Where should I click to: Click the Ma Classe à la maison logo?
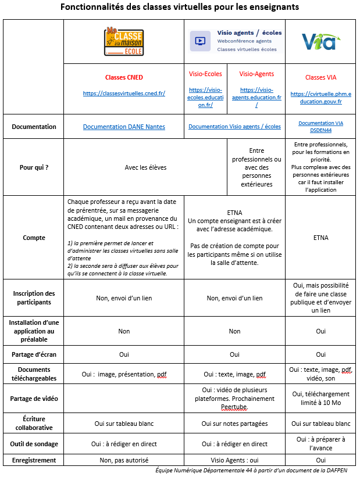coord(123,41)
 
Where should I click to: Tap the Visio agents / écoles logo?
coord(235,41)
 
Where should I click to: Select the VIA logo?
coord(319,41)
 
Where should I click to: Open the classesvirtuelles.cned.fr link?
coord(124,93)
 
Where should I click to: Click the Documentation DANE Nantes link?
coord(124,127)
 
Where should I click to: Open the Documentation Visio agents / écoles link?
coord(234,126)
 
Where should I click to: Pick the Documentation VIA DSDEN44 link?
coord(320,126)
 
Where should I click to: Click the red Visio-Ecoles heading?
coord(205,74)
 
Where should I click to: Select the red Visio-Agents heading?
coord(256,74)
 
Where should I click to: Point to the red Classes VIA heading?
coord(320,77)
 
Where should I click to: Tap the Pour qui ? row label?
coord(34,167)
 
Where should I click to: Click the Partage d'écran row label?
coord(34,354)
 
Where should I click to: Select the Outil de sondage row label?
coord(34,444)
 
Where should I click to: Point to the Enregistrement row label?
coord(34,460)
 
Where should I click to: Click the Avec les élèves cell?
coord(145,167)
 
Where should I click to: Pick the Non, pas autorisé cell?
coord(124,460)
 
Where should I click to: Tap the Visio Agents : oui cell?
coord(234,460)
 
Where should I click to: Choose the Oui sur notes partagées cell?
coord(234,424)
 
